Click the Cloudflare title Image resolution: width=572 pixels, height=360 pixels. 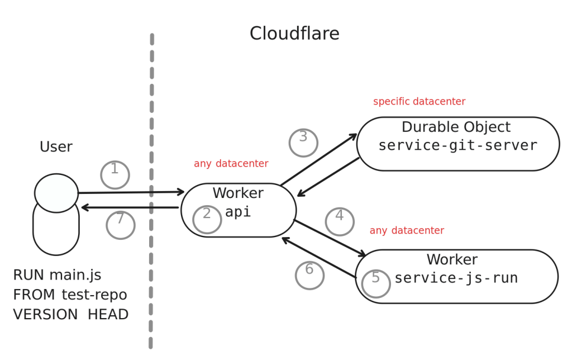(294, 34)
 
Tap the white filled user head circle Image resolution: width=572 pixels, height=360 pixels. (56, 193)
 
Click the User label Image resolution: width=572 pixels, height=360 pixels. (56, 148)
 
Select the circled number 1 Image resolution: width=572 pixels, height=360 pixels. (115, 169)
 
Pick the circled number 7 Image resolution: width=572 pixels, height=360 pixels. (120, 220)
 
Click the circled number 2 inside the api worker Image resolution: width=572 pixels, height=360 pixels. (207, 214)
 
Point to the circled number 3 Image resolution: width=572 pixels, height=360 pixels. (303, 137)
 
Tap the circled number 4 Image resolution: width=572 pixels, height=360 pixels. (339, 216)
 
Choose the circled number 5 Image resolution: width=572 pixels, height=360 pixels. (375, 278)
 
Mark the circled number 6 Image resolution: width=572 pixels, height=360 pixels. (309, 270)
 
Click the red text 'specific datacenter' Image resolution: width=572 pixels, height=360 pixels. (419, 102)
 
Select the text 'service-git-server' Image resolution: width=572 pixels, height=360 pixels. (457, 146)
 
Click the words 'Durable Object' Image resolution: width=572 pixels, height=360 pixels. (456, 127)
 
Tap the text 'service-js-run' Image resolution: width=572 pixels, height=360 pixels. (456, 278)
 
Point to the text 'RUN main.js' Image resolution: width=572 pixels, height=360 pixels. (57, 276)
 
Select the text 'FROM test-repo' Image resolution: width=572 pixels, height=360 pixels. (70, 295)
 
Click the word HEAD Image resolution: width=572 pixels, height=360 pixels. (108, 314)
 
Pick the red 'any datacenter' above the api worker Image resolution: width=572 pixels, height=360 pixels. (231, 164)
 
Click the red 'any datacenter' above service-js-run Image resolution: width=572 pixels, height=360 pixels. (407, 230)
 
